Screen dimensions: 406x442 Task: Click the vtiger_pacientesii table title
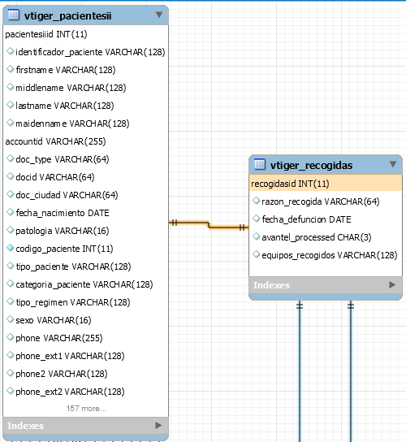pyautogui.click(x=67, y=16)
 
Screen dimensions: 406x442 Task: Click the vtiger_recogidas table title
pyautogui.click(x=311, y=166)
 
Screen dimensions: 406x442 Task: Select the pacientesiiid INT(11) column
pyautogui.click(x=46, y=34)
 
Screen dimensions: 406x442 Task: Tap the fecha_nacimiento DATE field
pyautogui.click(x=63, y=213)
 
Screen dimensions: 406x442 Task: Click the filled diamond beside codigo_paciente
pyautogui.click(x=10, y=248)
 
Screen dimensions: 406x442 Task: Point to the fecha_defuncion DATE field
pyautogui.click(x=307, y=219)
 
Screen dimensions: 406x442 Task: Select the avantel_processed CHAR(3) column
pyautogui.click(x=317, y=237)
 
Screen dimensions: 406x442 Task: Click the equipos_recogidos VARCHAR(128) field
pyautogui.click(x=330, y=255)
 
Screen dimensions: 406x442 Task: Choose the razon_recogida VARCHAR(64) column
pyautogui.click(x=321, y=201)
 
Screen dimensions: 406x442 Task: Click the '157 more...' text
pyautogui.click(x=86, y=409)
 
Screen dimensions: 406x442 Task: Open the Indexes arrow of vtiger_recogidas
pyautogui.click(x=392, y=285)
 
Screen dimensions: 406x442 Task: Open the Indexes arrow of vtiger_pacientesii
pyautogui.click(x=158, y=426)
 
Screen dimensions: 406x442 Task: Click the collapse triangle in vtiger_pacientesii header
pyautogui.click(x=159, y=15)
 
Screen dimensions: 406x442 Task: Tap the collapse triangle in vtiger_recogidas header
pyautogui.click(x=393, y=164)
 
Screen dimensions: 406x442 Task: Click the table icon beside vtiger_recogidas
pyautogui.click(x=260, y=164)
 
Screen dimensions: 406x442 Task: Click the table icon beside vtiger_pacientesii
pyautogui.click(x=14, y=15)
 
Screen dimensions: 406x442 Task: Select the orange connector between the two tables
pyautogui.click(x=209, y=225)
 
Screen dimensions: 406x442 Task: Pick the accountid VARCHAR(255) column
pyautogui.click(x=55, y=141)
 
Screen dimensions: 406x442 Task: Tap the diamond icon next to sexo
pyautogui.click(x=10, y=319)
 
